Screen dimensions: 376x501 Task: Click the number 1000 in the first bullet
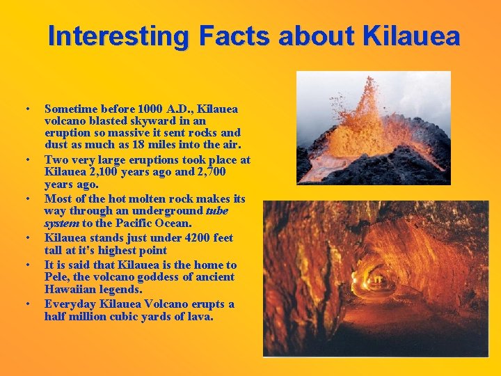pos(151,109)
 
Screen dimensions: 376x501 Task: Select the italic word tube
pos(217,210)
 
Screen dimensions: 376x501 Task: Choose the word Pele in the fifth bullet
pos(56,276)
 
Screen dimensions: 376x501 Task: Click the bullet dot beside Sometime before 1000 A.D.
pos(26,110)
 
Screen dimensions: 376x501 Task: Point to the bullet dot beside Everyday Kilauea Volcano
pos(26,304)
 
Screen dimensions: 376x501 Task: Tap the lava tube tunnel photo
pos(376,279)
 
